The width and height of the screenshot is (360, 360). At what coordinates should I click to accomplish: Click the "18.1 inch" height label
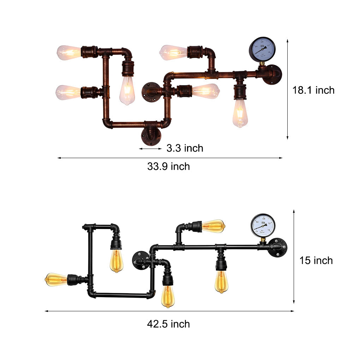click(313, 90)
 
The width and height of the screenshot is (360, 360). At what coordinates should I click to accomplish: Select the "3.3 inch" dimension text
click(185, 148)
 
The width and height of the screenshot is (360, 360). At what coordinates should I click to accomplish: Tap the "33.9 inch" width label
click(168, 166)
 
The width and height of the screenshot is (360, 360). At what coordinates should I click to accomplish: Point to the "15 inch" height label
click(316, 260)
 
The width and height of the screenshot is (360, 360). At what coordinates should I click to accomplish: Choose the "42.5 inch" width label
click(168, 324)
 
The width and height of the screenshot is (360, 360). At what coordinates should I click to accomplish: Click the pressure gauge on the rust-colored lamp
click(262, 49)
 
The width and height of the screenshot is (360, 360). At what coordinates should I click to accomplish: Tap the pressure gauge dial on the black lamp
click(263, 225)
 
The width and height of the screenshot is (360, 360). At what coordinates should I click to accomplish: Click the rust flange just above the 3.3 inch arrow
click(151, 136)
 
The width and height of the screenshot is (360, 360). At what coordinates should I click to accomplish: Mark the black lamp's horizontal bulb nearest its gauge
click(213, 226)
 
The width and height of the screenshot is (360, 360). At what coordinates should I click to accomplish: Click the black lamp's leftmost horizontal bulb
click(56, 280)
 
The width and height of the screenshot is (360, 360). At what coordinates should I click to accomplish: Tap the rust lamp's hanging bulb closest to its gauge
click(240, 113)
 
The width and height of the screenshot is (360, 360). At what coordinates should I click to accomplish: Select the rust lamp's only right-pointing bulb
click(205, 91)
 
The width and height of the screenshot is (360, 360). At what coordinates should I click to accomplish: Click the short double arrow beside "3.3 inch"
click(150, 149)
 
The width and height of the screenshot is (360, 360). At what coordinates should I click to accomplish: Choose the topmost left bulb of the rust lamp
click(69, 53)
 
